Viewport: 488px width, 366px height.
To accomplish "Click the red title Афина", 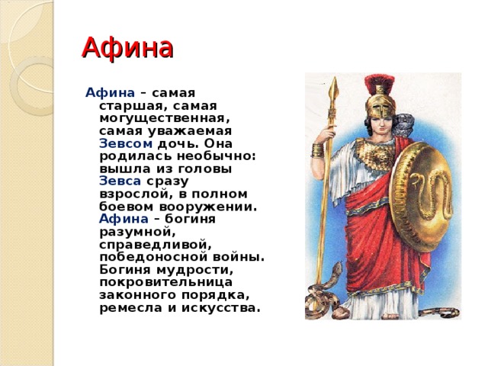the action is [x=127, y=48].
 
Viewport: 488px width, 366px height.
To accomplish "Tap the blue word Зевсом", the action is [x=126, y=144].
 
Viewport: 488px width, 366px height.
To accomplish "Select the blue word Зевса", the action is [x=120, y=181].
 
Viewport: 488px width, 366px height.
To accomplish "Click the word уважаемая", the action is [x=190, y=131].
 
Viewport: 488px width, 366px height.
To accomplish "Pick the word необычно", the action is [x=217, y=156].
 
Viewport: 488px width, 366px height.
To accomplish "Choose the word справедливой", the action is [x=156, y=245].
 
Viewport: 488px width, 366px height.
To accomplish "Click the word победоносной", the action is [x=152, y=258].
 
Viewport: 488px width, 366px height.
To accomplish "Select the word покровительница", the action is [x=166, y=283].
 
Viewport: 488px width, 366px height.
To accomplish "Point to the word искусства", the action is [x=220, y=308].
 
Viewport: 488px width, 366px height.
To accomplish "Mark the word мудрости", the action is [x=194, y=270].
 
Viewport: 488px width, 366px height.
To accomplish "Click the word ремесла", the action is [x=130, y=308].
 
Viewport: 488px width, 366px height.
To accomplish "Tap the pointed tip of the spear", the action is [x=335, y=78].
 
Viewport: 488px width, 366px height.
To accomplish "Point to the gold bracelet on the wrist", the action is [x=318, y=150].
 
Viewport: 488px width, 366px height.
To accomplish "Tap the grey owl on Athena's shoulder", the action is [x=403, y=124].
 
